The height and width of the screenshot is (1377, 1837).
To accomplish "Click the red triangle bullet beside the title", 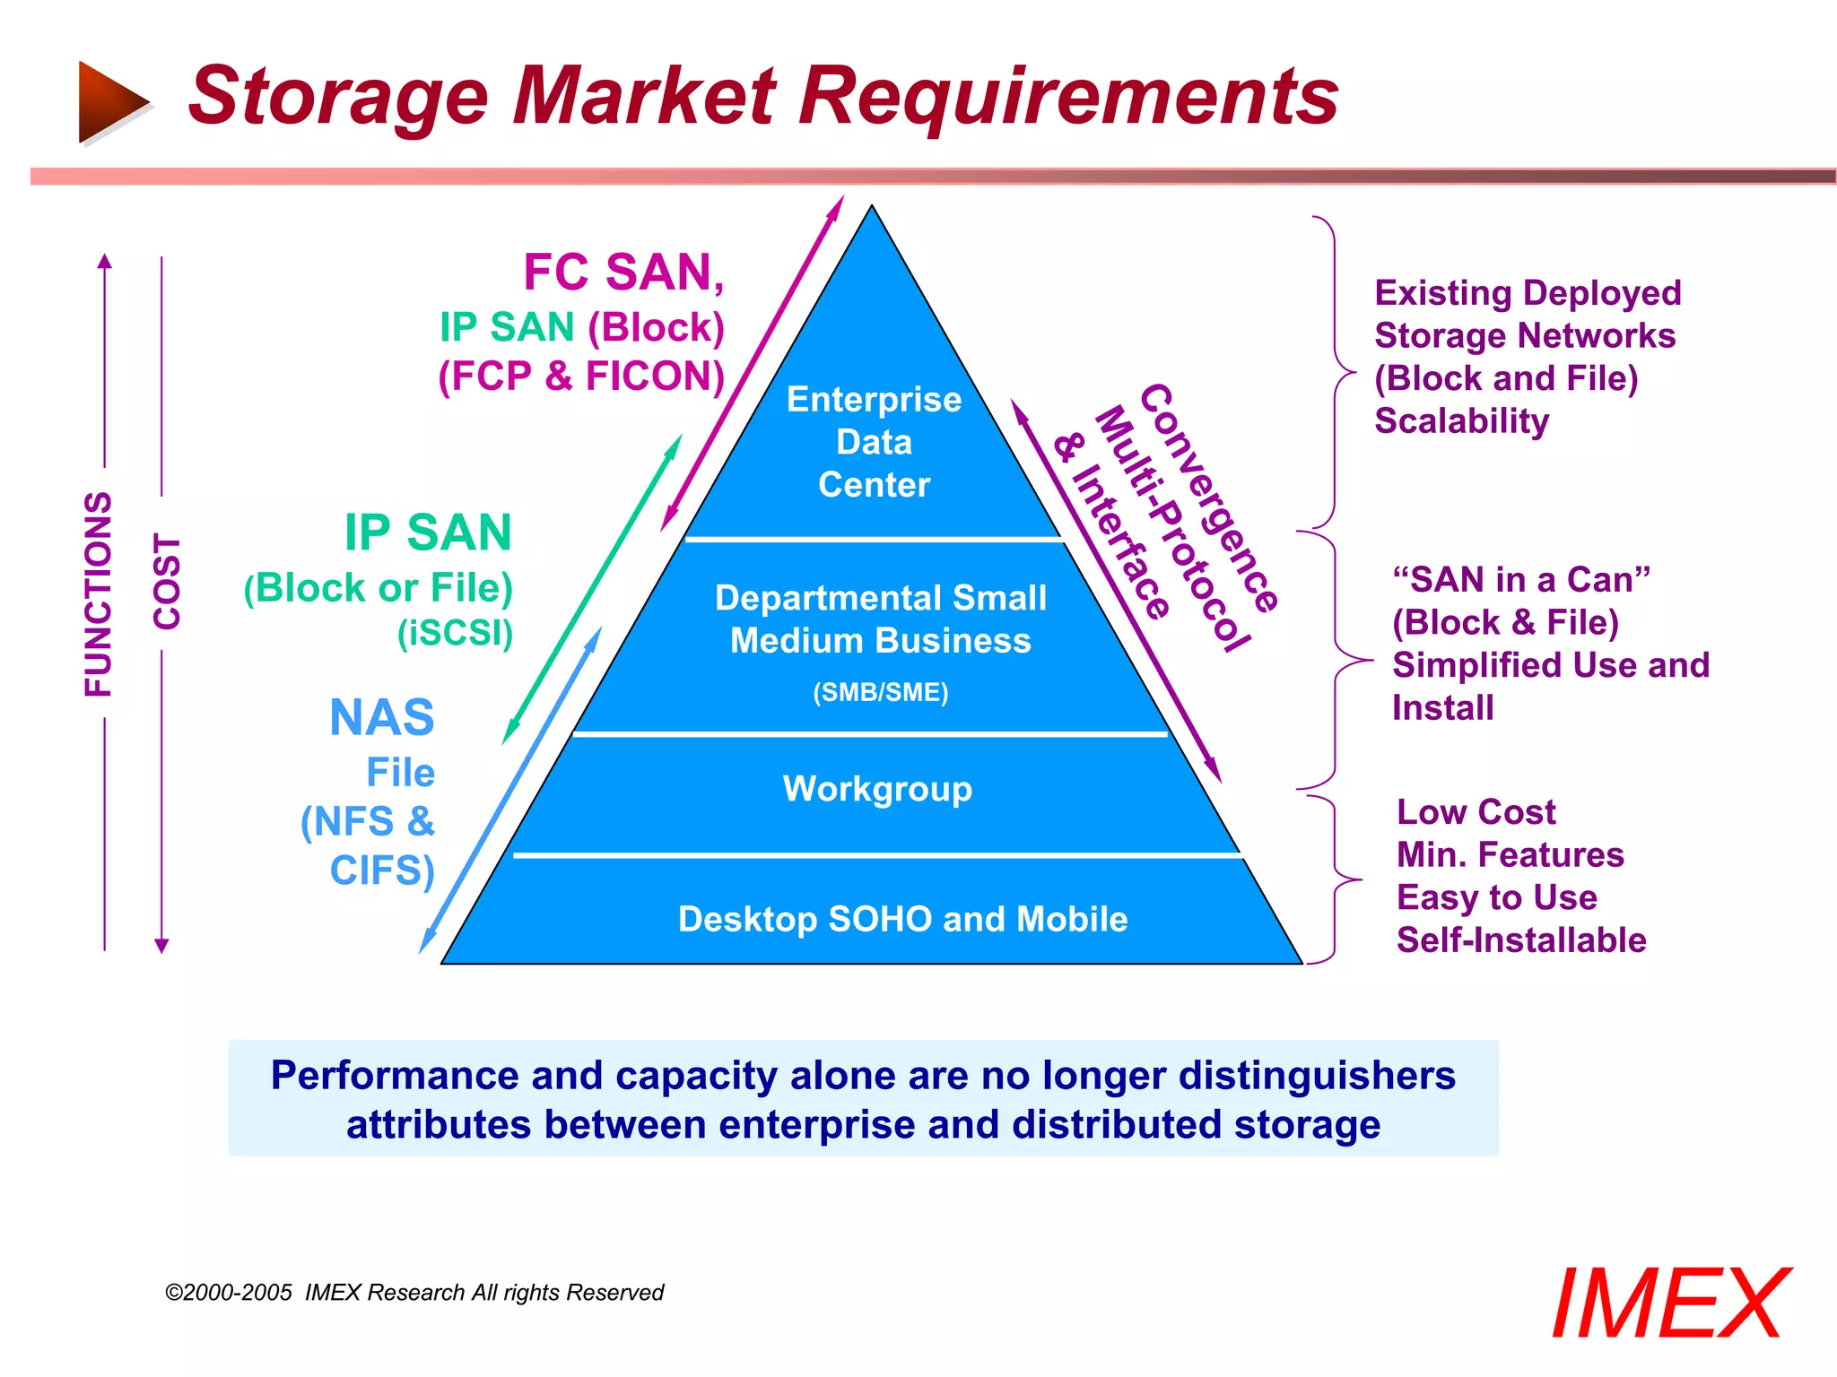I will click(x=111, y=101).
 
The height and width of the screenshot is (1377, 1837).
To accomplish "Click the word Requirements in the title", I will click(x=1067, y=97).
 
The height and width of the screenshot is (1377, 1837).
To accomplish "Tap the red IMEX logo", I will click(x=1670, y=1303).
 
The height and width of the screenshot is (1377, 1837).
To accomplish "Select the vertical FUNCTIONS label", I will click(x=99, y=593).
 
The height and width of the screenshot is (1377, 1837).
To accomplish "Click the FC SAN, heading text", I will click(x=623, y=273).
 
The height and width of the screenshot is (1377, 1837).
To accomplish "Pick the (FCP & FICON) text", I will click(x=581, y=376).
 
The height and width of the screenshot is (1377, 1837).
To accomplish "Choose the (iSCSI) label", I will click(x=455, y=633).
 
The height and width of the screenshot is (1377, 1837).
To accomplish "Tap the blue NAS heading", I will click(x=382, y=717).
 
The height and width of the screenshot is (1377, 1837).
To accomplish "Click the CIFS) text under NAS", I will click(x=382, y=870).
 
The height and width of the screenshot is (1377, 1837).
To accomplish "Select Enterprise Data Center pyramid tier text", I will click(x=874, y=442).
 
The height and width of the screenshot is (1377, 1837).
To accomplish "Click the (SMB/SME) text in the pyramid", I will click(x=880, y=692).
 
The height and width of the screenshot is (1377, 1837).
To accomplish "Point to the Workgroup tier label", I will click(x=877, y=789).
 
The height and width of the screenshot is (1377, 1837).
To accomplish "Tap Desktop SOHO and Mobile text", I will click(x=902, y=919).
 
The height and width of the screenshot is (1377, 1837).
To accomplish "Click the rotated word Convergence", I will click(x=1208, y=498).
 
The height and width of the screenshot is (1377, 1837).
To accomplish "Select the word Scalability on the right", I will click(x=1461, y=420).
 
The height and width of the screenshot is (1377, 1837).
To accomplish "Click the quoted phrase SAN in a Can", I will click(x=1521, y=580).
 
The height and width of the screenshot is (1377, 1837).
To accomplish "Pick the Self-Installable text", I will click(x=1521, y=940).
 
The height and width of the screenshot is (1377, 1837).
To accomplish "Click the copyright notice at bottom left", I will click(x=414, y=1292).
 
